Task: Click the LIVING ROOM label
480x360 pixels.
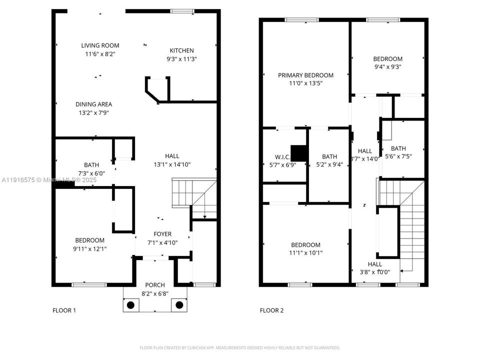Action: point(100,45)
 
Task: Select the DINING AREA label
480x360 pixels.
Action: point(93,104)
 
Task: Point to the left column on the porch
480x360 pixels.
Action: point(130,304)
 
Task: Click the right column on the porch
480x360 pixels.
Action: point(178,304)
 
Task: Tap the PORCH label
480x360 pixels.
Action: point(155,285)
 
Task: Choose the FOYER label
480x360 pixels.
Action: point(162,234)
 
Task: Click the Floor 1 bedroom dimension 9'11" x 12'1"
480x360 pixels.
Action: point(90,248)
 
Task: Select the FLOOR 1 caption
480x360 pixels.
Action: point(64,310)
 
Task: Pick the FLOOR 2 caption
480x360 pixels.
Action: point(271,310)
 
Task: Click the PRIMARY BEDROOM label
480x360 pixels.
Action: point(305,75)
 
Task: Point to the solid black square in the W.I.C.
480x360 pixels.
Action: point(298,152)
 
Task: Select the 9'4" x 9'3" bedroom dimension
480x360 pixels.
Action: point(387,66)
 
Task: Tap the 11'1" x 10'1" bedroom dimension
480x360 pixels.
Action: point(305,253)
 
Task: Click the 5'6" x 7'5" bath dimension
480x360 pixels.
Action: point(398,156)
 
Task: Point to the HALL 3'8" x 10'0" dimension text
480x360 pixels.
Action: point(374,272)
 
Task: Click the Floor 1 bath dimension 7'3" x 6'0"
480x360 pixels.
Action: point(91,173)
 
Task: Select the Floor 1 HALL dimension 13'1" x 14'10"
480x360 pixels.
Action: point(172,164)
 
